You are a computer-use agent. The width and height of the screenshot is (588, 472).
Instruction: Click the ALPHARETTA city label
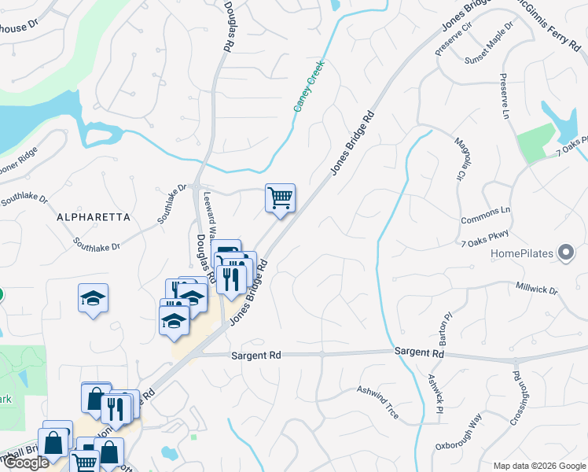click(x=92, y=216)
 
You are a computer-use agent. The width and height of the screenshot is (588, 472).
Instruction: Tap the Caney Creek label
click(x=310, y=86)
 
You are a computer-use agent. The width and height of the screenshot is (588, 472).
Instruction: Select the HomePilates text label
click(x=522, y=254)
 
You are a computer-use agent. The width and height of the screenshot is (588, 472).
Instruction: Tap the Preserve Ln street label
click(x=504, y=98)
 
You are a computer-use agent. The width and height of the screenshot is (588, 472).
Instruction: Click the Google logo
click(x=27, y=463)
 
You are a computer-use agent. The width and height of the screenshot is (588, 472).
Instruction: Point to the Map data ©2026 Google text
click(x=538, y=466)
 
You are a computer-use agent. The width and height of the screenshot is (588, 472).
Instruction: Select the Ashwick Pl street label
click(x=435, y=393)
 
